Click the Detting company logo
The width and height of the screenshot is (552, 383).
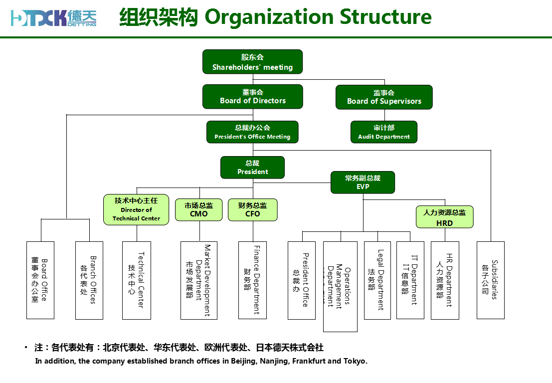(x=54, y=18)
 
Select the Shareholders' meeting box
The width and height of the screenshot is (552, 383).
(x=252, y=62)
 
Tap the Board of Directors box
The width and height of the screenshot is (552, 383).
(x=252, y=96)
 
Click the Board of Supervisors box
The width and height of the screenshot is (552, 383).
(x=384, y=97)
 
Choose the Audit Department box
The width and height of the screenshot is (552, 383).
(x=384, y=132)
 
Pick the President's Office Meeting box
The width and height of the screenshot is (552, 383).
(x=252, y=132)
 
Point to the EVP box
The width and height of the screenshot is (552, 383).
(x=363, y=182)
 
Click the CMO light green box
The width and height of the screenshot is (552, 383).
(x=198, y=209)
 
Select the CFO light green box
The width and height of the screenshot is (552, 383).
(x=252, y=209)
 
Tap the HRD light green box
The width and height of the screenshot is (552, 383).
(x=444, y=217)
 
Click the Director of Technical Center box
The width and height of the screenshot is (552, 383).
(x=136, y=209)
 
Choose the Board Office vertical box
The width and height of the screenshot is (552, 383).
(x=40, y=280)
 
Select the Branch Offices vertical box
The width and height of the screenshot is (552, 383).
(x=89, y=280)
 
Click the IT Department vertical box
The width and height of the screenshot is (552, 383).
(x=410, y=280)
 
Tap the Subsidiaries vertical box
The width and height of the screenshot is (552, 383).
(x=490, y=280)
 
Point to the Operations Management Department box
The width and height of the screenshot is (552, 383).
(x=340, y=286)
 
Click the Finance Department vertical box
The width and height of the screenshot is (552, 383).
(x=252, y=280)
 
